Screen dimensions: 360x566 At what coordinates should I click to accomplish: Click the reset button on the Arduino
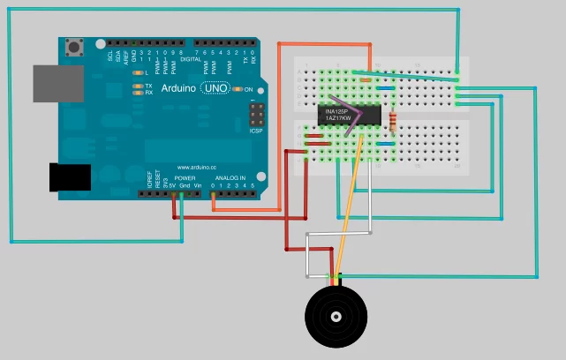pos(77,45)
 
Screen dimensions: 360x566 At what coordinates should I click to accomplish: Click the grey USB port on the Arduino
pos(56,82)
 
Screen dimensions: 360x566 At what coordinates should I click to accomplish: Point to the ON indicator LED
pos(237,90)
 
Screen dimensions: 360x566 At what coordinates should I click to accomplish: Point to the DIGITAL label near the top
pos(192,58)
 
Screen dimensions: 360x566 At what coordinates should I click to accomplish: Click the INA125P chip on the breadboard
pos(349,115)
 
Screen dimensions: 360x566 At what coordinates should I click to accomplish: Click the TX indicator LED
pos(137,86)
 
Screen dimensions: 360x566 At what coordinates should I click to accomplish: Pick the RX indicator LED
pos(137,92)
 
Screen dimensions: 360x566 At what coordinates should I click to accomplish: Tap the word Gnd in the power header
pos(184,186)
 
